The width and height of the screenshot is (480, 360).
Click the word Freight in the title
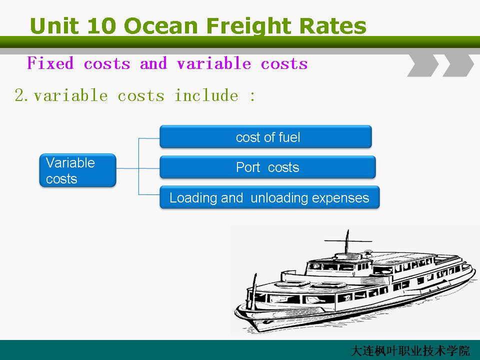click(249, 26)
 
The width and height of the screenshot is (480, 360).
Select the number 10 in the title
click(102, 25)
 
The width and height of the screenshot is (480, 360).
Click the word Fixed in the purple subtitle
click(50, 63)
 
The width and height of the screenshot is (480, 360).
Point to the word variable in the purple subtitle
click(214, 63)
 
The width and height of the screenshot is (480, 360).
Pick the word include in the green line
click(206, 95)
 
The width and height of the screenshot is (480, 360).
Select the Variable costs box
click(78, 170)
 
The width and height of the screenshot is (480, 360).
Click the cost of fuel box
click(265, 137)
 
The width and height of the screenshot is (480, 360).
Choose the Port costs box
click(267, 167)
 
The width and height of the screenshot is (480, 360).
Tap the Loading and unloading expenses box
click(269, 197)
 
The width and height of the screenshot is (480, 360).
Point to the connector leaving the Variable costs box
click(127, 168)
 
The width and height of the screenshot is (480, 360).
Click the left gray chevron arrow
click(423, 65)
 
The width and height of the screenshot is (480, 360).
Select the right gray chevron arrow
click(458, 65)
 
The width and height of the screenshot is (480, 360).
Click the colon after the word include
click(252, 96)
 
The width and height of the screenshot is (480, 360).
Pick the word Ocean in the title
click(161, 25)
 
